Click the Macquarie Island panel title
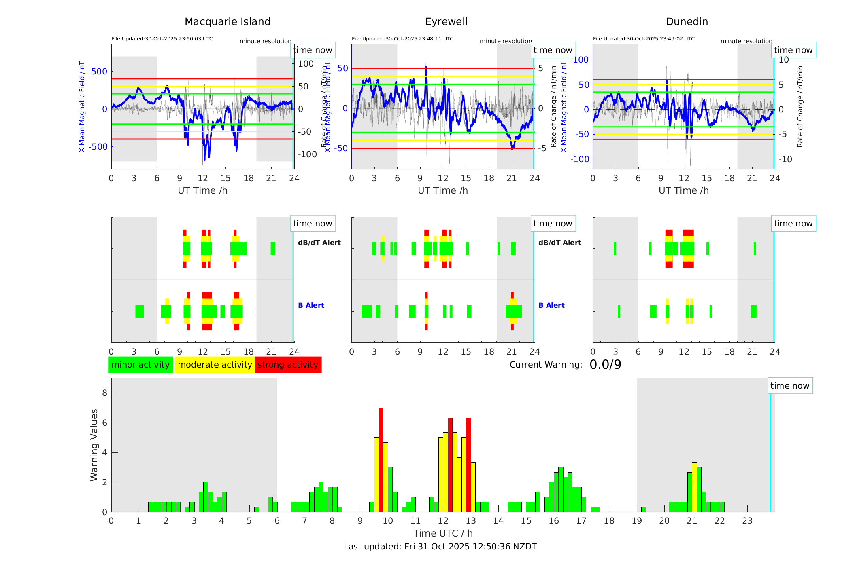coord(227,22)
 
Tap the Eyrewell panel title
coord(446,22)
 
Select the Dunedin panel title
coord(687,22)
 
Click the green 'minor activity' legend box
coord(140,365)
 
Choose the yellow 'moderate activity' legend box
coord(215,365)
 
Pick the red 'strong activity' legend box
coord(288,365)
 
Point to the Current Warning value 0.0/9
coord(605,365)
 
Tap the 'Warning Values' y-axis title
coord(94,445)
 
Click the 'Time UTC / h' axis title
coord(443,533)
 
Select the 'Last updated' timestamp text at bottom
coord(440,547)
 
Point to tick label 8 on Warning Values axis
coord(105,393)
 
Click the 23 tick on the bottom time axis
coord(747,521)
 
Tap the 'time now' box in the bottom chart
coord(789,386)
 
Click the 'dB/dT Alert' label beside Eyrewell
coord(559,243)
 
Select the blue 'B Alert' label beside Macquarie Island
coord(311,305)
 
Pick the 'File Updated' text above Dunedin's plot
coord(644,39)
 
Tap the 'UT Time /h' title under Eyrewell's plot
coord(443,190)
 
